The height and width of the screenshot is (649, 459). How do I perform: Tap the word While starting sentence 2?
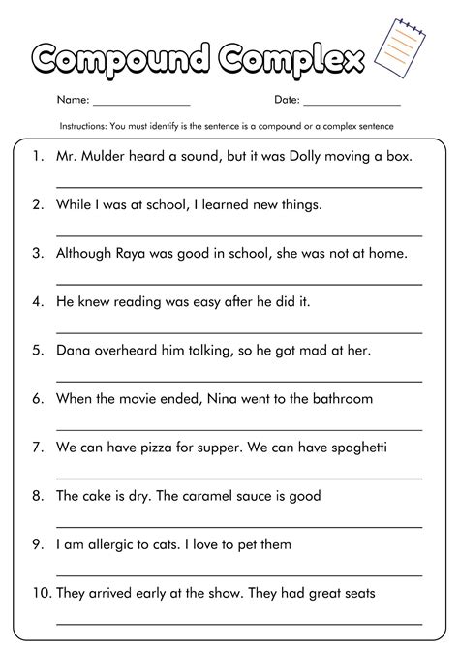76,204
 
